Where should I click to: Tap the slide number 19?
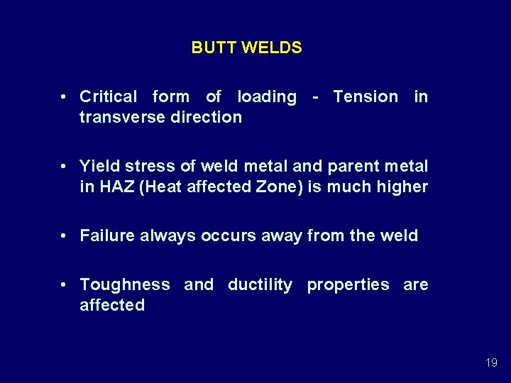click(491, 362)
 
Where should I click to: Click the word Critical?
click(109, 96)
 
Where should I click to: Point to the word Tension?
click(366, 96)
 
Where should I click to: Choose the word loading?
click(267, 96)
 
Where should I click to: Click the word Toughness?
click(125, 284)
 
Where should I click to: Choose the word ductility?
click(260, 284)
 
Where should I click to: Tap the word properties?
click(348, 284)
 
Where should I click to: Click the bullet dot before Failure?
click(64, 235)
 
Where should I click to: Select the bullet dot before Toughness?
click(64, 284)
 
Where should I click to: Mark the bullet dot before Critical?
click(64, 96)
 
